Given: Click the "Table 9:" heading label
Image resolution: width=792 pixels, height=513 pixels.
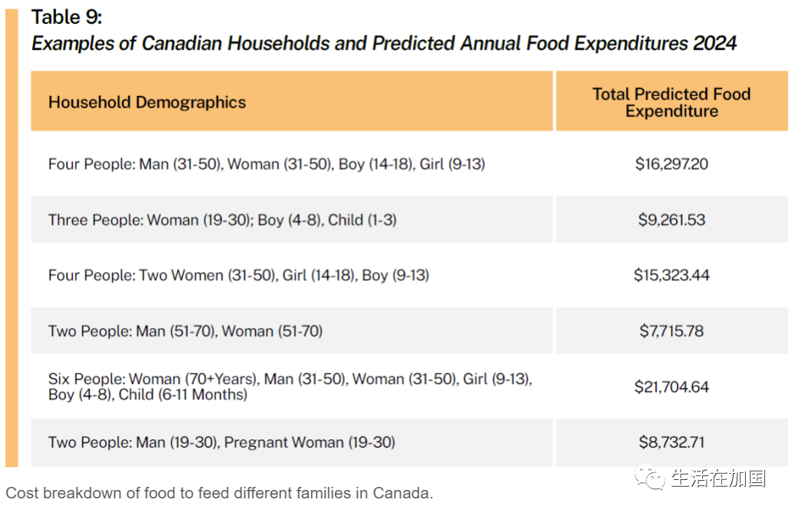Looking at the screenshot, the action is coord(67,17).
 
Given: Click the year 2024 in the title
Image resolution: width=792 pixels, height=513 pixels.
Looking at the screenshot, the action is coord(715,44).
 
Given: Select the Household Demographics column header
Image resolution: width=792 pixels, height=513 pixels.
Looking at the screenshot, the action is coord(147,102).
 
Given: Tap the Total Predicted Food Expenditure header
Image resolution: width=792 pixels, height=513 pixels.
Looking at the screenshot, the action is coord(672,102).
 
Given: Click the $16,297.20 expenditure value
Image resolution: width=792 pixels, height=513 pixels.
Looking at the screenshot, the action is coord(672,164).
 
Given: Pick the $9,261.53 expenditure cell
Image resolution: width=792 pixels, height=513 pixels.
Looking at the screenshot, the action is coord(672,220).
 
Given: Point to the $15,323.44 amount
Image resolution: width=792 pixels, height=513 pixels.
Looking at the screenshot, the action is coord(672,275).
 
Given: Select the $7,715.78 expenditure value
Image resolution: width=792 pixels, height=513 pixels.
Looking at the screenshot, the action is coord(672,331).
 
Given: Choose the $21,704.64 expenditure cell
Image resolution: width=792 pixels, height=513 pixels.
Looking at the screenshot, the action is coord(672,387).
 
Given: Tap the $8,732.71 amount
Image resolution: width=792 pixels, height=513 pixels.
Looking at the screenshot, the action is coord(672,442).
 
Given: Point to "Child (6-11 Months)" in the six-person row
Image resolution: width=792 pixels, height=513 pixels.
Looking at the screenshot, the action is coord(183,394).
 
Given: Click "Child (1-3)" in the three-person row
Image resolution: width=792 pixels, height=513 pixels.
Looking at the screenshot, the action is coord(362,220).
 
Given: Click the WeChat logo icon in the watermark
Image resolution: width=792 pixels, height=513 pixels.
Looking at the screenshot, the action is coord(650,477).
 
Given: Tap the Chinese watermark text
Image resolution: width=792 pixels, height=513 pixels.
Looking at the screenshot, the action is coord(718,478).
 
